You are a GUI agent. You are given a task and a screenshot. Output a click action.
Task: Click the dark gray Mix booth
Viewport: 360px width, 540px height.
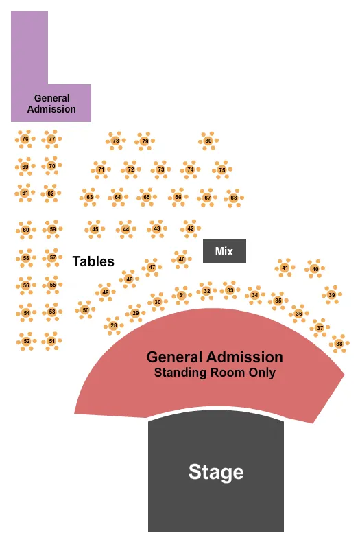(x=224, y=252)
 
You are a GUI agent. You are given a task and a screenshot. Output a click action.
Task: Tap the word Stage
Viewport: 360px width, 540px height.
(x=215, y=472)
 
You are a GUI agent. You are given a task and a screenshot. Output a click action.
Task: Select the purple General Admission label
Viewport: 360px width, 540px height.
(x=51, y=104)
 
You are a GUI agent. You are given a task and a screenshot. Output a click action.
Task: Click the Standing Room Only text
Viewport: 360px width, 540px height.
(x=215, y=373)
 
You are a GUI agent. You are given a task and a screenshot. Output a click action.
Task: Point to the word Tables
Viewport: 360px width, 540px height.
(x=93, y=261)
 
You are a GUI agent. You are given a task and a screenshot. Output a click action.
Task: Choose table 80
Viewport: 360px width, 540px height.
(x=208, y=141)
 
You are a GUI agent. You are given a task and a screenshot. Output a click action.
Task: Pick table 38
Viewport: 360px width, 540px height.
(x=339, y=343)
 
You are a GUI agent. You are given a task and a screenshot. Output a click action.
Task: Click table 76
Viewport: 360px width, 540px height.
(x=25, y=139)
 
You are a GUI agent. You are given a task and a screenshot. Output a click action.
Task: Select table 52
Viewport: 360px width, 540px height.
(x=26, y=340)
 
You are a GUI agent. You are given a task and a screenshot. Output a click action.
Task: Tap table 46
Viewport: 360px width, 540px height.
(x=181, y=259)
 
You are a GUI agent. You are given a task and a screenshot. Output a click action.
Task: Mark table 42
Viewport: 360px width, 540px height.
(x=190, y=228)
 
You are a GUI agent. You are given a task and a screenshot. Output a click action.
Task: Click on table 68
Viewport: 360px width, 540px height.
(x=233, y=198)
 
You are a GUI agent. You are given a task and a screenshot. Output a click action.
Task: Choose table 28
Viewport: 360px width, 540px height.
(x=114, y=325)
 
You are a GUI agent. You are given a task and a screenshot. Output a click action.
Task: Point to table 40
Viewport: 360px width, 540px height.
(x=315, y=269)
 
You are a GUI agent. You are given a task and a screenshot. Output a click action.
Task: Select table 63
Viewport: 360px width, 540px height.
(x=89, y=198)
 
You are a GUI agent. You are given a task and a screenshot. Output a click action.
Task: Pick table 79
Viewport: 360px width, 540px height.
(x=144, y=142)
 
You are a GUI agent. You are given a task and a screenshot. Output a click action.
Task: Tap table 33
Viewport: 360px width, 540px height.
(x=230, y=290)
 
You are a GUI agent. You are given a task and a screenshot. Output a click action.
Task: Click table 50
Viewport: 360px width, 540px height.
(x=85, y=310)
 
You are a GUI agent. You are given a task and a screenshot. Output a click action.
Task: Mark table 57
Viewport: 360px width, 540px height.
(x=52, y=258)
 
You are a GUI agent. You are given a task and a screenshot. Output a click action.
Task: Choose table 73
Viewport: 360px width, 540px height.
(x=160, y=169)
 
